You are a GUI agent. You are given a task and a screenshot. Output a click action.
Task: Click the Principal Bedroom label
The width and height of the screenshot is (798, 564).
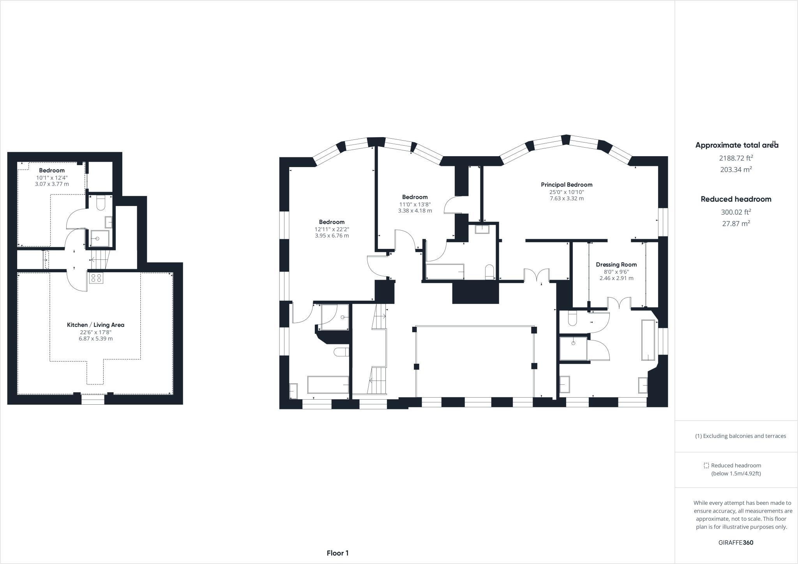(567, 185)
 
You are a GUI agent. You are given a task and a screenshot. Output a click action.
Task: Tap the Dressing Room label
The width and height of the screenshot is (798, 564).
(616, 264)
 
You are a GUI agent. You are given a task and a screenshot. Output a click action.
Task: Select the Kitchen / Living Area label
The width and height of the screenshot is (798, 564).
(95, 325)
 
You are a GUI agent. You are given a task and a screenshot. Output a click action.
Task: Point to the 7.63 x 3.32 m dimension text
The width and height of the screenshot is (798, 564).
(567, 199)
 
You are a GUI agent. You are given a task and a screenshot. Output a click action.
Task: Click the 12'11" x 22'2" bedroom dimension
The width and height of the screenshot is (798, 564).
(332, 229)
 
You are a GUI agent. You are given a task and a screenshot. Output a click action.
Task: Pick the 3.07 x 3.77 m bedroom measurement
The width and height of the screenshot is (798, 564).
(52, 184)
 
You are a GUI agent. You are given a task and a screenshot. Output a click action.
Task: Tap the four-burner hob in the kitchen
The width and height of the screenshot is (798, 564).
(96, 278)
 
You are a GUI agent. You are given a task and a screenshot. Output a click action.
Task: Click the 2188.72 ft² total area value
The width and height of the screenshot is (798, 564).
(736, 158)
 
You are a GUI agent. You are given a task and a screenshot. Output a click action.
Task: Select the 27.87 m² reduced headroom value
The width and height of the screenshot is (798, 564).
(736, 224)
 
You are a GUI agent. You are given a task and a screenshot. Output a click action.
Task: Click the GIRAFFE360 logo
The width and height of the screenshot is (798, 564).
(736, 543)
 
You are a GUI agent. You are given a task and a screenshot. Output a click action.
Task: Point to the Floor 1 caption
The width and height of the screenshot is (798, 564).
(338, 553)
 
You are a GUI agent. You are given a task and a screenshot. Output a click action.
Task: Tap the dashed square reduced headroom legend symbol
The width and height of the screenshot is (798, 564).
(706, 465)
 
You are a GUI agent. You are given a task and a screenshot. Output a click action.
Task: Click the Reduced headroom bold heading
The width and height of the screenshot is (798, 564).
(736, 199)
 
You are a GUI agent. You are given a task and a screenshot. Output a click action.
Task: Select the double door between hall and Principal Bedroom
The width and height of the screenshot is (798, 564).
(537, 275)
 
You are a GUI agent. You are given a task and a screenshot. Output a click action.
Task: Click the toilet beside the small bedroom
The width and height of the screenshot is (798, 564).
(101, 203)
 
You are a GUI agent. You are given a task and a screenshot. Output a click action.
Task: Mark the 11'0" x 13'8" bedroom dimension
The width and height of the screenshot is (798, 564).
(415, 204)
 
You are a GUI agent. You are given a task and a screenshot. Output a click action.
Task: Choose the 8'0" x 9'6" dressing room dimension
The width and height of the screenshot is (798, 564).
(616, 272)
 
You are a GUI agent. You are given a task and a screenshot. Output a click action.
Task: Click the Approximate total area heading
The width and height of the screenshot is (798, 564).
(737, 145)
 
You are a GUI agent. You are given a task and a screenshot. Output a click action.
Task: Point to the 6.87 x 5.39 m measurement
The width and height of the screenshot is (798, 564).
(95, 339)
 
